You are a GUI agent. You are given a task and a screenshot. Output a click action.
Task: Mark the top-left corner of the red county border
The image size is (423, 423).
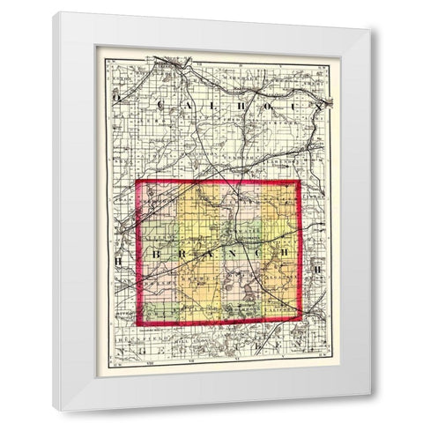tap(137, 182)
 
